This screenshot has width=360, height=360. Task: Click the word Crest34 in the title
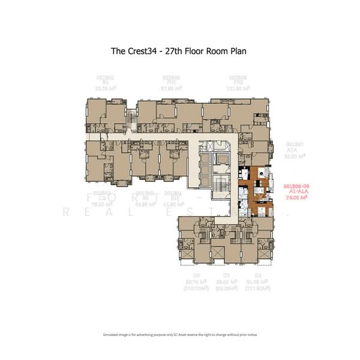pos(148,51)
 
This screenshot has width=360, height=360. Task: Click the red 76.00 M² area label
pos(295,196)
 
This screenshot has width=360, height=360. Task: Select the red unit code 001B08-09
pos(295,185)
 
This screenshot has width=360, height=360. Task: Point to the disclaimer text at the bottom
pos(179,334)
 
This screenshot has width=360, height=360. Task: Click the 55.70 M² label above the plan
pos(105,88)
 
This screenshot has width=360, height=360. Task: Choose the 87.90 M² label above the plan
pos(172,88)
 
